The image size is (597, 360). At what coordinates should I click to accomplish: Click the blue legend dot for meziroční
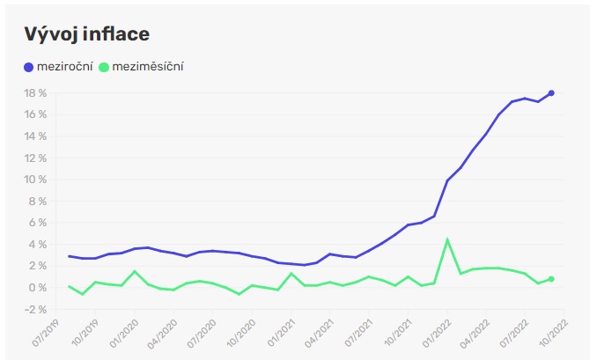(x=29, y=66)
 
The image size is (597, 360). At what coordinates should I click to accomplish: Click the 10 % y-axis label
(x=34, y=179)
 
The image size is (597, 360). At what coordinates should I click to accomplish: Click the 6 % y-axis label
(x=37, y=222)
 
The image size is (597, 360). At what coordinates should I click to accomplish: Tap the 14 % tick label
(x=34, y=136)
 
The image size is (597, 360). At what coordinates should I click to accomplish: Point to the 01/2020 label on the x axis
(x=130, y=332)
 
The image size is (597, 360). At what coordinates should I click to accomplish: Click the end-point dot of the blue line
(x=551, y=92)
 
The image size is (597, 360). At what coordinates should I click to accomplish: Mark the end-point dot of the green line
(x=551, y=279)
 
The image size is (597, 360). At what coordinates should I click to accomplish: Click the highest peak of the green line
(x=447, y=239)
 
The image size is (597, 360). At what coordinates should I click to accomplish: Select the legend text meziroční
(x=64, y=66)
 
